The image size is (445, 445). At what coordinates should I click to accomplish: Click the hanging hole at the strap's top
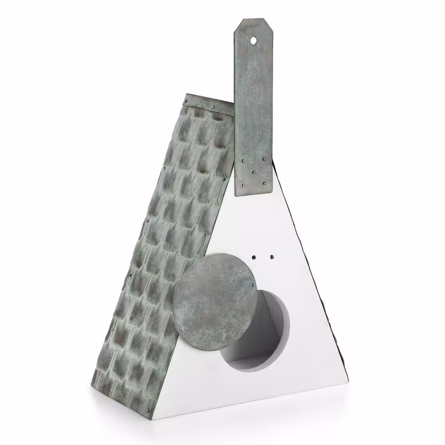coord(253,40)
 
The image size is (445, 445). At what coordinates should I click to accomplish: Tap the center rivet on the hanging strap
coord(254,172)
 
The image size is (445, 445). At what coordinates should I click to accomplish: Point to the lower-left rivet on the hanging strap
coord(243,185)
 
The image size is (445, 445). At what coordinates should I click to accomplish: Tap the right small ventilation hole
coord(271,257)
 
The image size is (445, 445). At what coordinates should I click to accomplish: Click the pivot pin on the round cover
coord(254,285)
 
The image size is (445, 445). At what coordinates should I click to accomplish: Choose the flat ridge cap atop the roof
coord(209,102)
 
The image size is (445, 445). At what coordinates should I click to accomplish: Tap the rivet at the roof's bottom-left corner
coord(94,382)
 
